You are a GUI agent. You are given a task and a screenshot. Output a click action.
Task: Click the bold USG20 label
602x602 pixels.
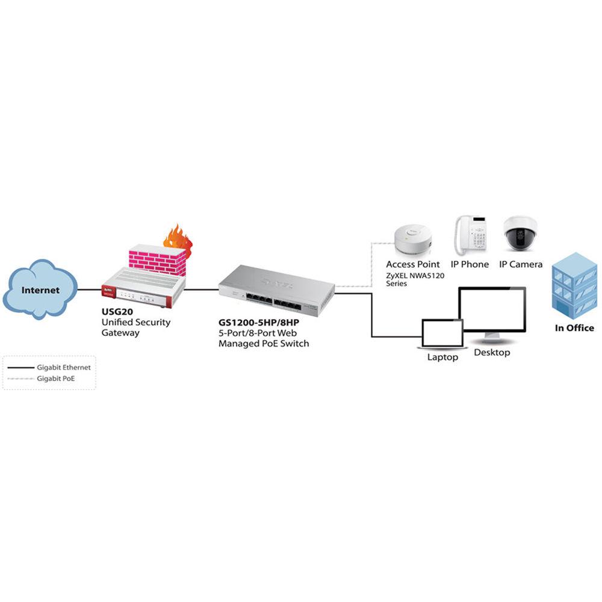point(117,312)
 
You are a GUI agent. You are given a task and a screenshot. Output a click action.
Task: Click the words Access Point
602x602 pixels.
point(413,264)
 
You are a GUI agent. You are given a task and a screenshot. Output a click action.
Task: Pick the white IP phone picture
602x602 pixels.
point(471,235)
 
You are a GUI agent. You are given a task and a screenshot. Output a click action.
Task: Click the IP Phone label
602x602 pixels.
point(470,264)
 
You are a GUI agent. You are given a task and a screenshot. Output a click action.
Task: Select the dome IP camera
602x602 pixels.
point(520,234)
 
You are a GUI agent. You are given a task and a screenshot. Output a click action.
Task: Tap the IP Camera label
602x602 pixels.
point(521,264)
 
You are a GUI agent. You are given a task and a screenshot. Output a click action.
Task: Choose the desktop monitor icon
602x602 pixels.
point(492,314)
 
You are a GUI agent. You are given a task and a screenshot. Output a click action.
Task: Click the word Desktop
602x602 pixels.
point(492,352)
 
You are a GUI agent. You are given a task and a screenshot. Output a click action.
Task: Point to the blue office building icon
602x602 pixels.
point(574,286)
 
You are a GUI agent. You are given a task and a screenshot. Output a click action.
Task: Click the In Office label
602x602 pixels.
point(574,328)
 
